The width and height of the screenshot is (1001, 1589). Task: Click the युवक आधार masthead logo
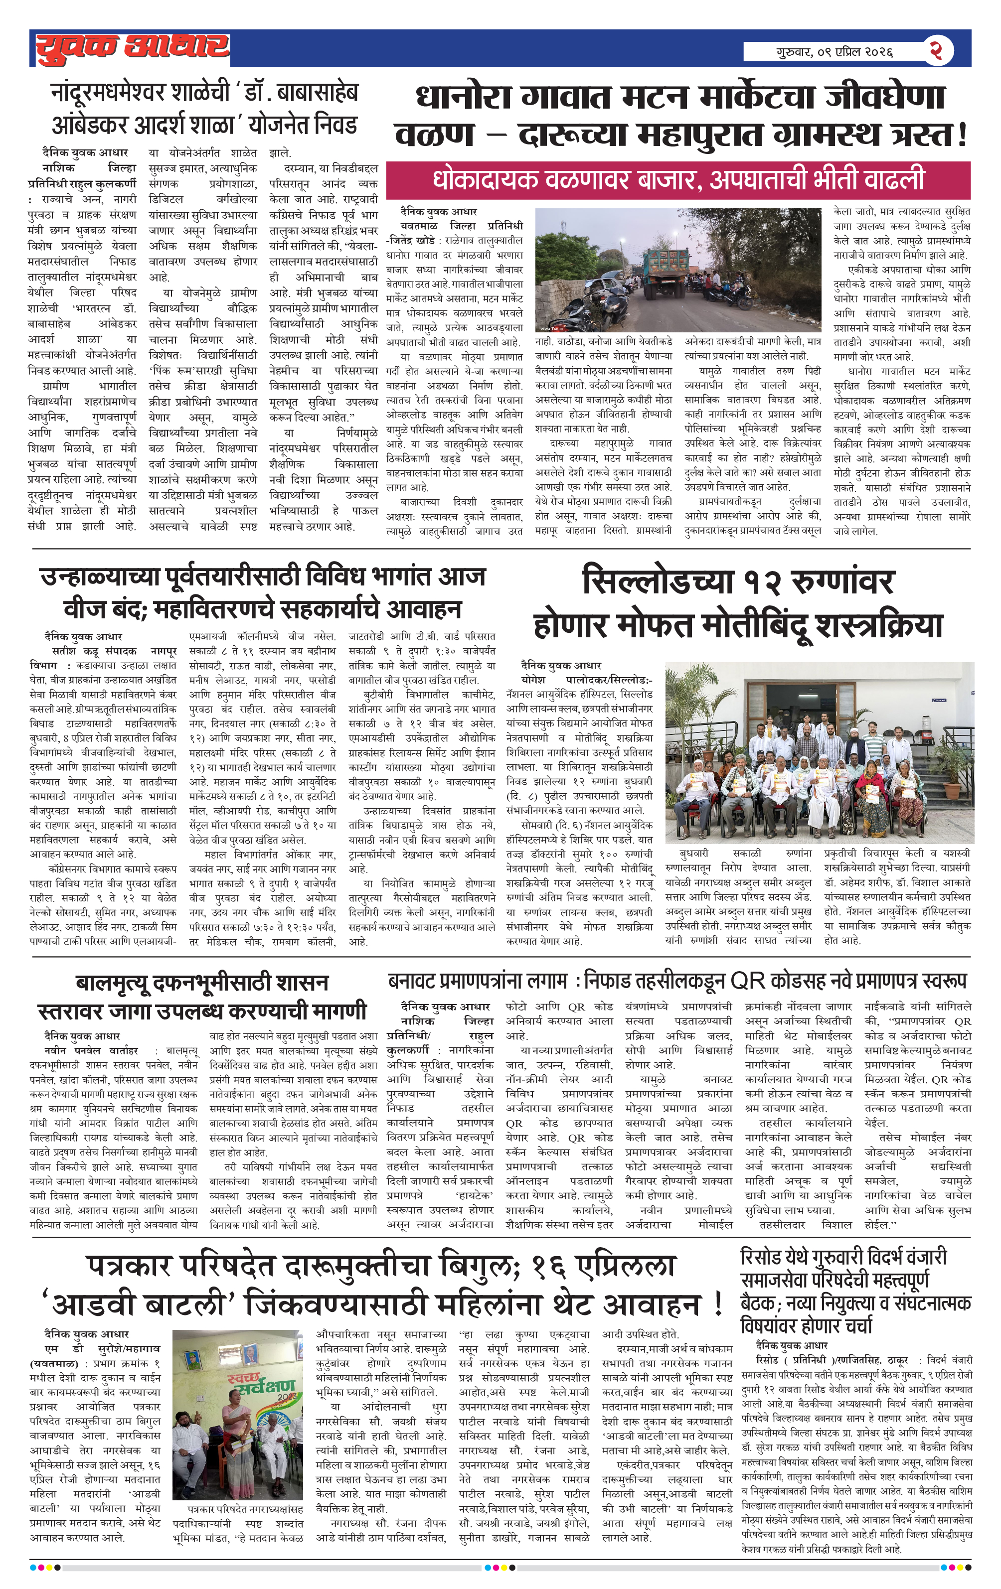point(132,48)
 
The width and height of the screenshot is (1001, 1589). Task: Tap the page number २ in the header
point(935,50)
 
